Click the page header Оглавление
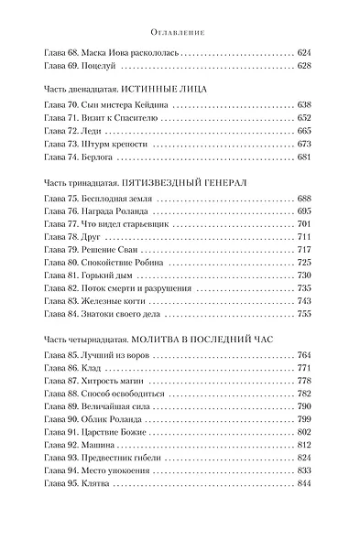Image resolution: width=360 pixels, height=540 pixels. pos(180,31)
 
